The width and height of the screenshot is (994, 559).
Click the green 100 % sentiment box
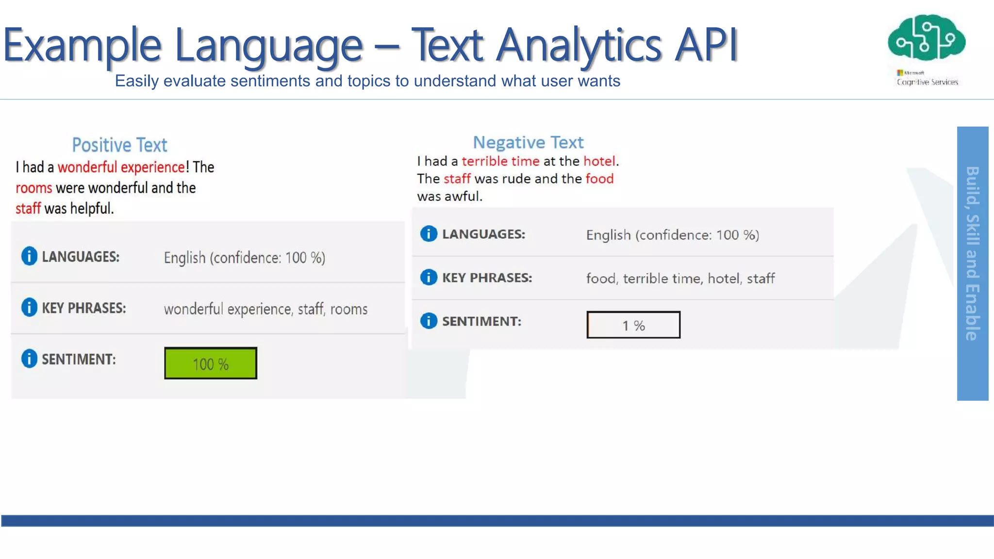(211, 363)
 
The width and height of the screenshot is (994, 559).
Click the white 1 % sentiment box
(633, 325)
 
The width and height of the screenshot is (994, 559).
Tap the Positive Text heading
(119, 145)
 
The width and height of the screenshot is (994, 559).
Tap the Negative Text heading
(528, 142)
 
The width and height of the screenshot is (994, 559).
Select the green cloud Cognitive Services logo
(927, 38)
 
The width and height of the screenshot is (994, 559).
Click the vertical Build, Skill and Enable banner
(972, 263)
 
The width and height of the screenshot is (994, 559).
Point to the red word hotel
(599, 161)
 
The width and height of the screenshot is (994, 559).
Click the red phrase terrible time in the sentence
(500, 161)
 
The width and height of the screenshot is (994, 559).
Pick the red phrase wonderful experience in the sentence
(121, 167)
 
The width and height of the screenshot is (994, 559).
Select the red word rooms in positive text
(33, 188)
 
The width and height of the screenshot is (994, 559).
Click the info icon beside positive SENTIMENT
(29, 359)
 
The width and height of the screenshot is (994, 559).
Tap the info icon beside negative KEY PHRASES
(429, 277)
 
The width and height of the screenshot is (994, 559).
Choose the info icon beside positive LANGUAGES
(29, 256)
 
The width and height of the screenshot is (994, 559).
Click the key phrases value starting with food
(680, 279)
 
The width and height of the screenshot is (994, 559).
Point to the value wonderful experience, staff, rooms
(265, 309)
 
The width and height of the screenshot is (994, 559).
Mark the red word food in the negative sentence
(599, 179)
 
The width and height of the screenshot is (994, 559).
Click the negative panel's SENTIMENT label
(481, 321)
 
